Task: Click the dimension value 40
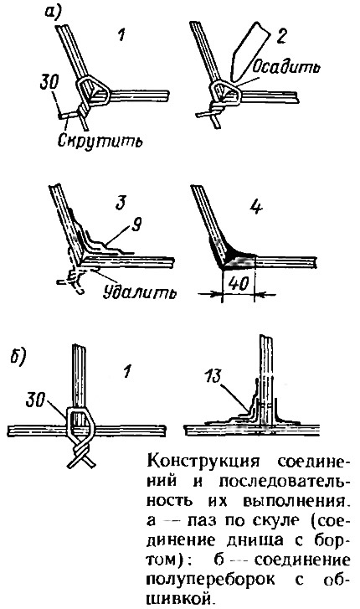[x=238, y=284]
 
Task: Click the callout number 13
[x=213, y=376]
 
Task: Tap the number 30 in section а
[x=49, y=84]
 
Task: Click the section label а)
[x=54, y=13]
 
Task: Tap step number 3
[x=122, y=203]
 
